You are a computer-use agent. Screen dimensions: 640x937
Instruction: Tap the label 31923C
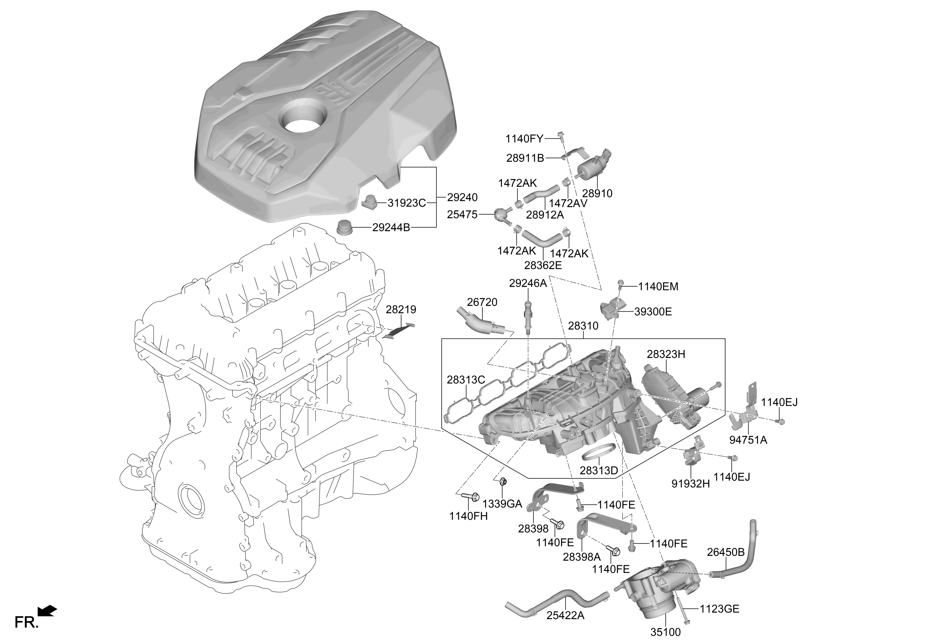click(x=406, y=203)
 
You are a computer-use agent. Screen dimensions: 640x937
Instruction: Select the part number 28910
click(x=597, y=193)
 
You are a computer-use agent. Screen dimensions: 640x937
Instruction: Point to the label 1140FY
click(x=524, y=139)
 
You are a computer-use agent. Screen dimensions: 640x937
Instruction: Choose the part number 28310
click(x=583, y=326)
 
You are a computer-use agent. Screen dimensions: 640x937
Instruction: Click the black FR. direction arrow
click(x=47, y=611)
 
